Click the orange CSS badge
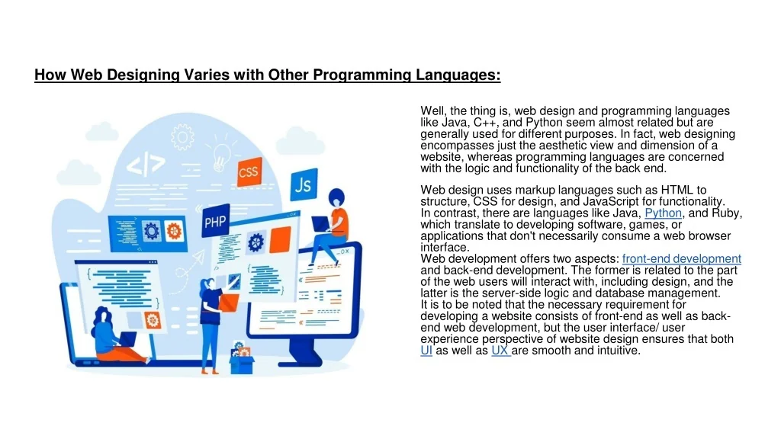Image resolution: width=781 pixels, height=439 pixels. click(249, 171)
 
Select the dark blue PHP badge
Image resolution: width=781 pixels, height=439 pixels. click(216, 222)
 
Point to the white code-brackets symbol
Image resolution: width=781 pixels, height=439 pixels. click(145, 164)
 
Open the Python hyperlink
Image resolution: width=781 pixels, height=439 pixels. click(663, 213)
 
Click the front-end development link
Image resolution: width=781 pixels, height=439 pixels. click(682, 259)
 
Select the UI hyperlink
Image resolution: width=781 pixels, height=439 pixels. click(426, 351)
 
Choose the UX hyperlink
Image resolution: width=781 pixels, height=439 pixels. click(500, 351)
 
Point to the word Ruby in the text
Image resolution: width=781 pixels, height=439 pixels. click(728, 213)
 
